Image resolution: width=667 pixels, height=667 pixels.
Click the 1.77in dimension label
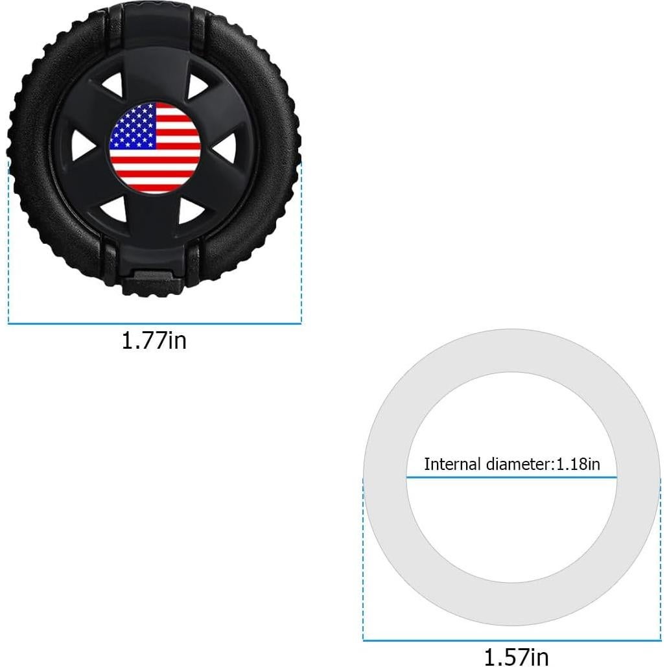pyautogui.click(x=154, y=340)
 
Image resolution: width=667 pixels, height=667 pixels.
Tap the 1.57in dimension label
pyautogui.click(x=516, y=656)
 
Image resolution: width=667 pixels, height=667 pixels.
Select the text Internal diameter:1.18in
pyautogui.click(x=511, y=464)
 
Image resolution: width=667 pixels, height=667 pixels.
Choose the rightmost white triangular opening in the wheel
pyautogui.click(x=225, y=150)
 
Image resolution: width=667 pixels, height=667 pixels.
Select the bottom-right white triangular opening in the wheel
pyautogui.click(x=192, y=210)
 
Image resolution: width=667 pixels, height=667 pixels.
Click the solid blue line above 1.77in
pyautogui.click(x=154, y=323)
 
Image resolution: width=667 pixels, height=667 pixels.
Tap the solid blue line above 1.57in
pyautogui.click(x=511, y=640)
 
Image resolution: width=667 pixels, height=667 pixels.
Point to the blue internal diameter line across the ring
pyautogui.click(x=511, y=478)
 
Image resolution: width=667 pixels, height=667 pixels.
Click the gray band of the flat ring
pyautogui.click(x=511, y=350)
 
